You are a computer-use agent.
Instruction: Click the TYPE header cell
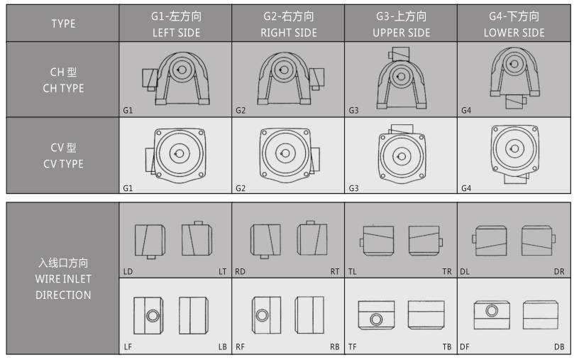[x=63, y=23]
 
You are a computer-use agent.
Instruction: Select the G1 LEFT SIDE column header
[x=176, y=23]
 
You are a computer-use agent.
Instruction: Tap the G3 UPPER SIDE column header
[x=401, y=23]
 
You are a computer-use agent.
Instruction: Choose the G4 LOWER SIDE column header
[x=514, y=23]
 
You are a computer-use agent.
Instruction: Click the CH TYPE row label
[x=63, y=80]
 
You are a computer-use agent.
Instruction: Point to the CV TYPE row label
[x=63, y=156]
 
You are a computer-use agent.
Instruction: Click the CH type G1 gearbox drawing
[x=176, y=78]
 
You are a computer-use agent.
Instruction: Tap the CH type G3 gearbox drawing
[x=402, y=78]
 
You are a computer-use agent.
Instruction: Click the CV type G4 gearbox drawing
[x=514, y=154]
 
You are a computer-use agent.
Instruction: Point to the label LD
[x=128, y=272]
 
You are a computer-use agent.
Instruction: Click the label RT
[x=334, y=272]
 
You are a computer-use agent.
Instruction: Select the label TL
[x=352, y=272]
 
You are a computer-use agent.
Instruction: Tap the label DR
[x=559, y=272]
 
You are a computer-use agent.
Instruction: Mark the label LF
[x=128, y=347]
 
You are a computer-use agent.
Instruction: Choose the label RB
[x=334, y=347]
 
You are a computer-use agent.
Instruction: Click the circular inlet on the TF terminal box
[x=376, y=319]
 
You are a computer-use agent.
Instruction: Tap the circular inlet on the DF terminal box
[x=492, y=310]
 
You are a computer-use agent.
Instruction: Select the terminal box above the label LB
[x=194, y=315]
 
